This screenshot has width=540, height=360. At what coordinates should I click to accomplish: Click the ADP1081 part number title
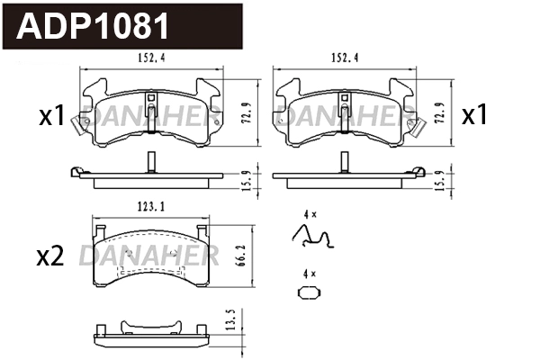94,27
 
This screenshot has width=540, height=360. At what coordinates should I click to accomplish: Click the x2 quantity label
49,257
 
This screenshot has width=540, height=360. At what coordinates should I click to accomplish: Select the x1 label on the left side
51,116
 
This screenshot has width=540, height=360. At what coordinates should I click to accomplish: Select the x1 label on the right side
474,116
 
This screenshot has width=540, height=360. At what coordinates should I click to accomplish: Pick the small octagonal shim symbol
308,292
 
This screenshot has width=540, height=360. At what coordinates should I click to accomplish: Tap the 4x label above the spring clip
310,214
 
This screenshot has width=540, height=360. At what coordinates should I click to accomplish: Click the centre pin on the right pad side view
342,162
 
